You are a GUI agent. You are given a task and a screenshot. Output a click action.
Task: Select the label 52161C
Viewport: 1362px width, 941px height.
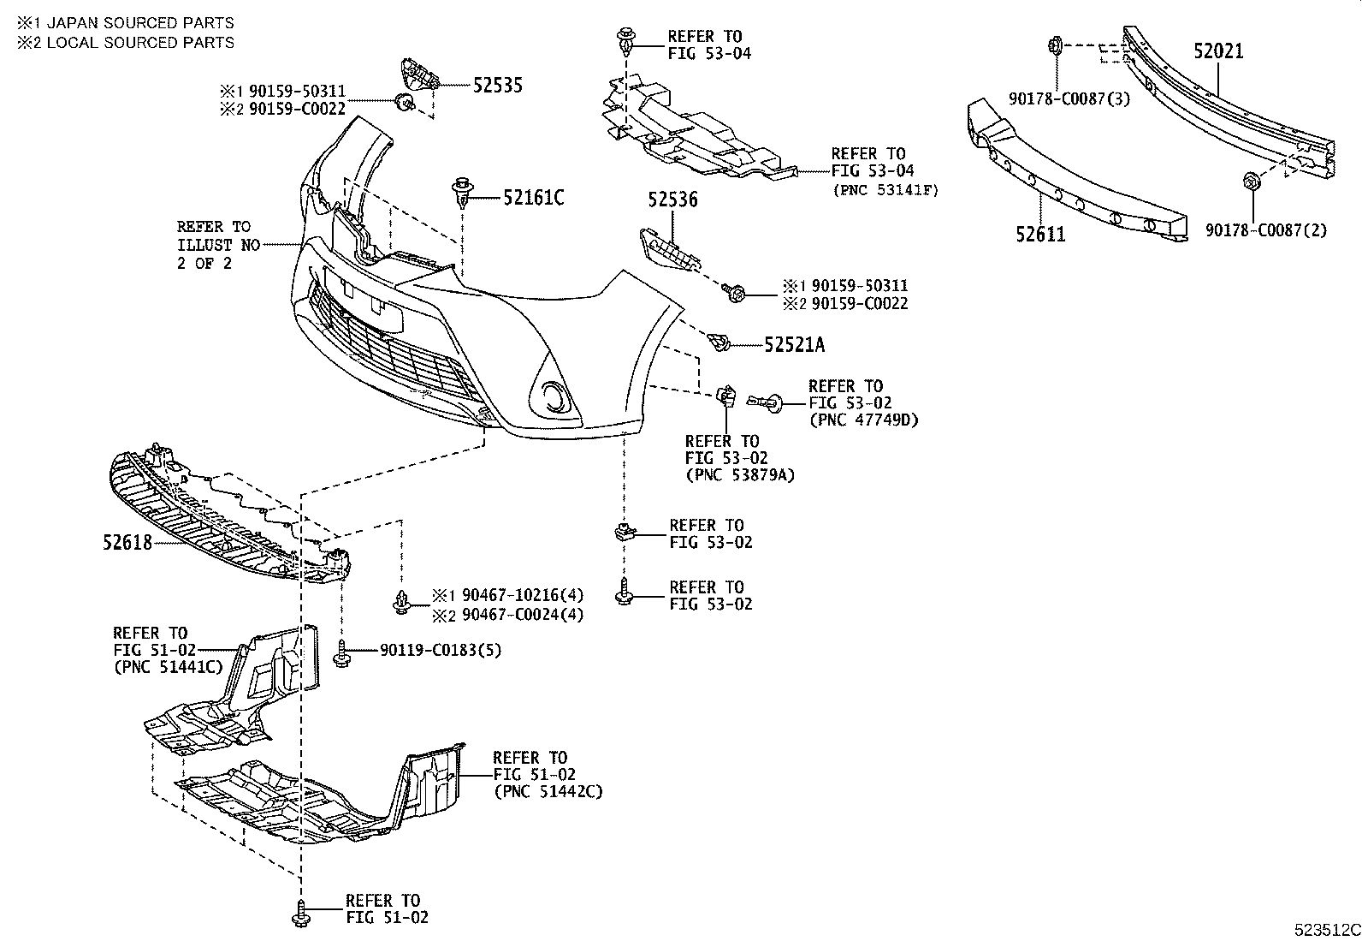click(x=533, y=198)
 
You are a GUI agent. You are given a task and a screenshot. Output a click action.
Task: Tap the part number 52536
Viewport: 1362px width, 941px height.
click(x=672, y=200)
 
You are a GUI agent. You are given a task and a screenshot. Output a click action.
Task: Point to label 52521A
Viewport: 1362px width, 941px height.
click(x=794, y=345)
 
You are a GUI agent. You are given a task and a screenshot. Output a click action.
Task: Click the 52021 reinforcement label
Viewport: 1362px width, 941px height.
click(x=1218, y=51)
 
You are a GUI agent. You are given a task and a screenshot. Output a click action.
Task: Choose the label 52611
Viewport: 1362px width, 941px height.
click(x=1040, y=234)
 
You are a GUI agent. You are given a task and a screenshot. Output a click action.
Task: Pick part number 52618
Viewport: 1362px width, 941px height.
click(x=127, y=542)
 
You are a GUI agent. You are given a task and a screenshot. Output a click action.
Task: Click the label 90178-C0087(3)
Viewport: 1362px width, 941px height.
click(x=1069, y=98)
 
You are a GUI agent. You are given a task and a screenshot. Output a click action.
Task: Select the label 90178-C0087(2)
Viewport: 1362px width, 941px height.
click(x=1266, y=230)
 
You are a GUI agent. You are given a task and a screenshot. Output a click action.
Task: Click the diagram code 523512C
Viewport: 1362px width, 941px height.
click(x=1326, y=929)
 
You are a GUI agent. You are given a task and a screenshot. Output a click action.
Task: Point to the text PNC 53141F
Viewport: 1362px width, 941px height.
click(x=885, y=190)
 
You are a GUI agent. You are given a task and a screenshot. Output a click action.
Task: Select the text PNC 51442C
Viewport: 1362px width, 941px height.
click(x=548, y=792)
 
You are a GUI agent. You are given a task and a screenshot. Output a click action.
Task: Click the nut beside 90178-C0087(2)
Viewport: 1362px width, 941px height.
click(x=1250, y=182)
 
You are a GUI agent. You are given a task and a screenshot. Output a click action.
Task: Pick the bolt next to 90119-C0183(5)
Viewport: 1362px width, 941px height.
click(x=342, y=655)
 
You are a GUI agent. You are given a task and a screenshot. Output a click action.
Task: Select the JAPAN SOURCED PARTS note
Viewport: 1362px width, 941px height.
click(x=125, y=23)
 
